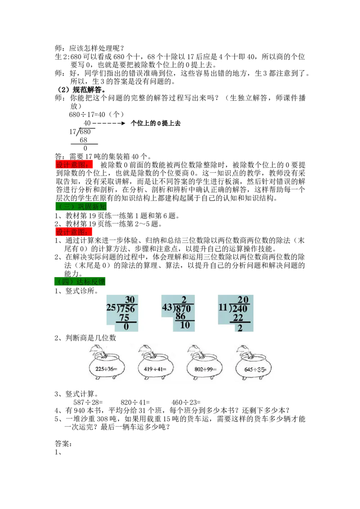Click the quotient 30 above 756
pos(130,299)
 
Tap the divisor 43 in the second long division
pos(167,307)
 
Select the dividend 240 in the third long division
pos(240,308)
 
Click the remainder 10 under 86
pos(184,325)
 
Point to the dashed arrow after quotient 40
pos(109,123)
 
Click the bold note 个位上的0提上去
pos(155,123)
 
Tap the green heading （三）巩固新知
pos(81,206)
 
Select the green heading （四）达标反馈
pos(80,281)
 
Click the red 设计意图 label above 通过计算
pos(74,232)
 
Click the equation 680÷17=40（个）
pos(96,115)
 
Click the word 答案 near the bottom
pos(63,443)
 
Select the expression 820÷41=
pos(135,402)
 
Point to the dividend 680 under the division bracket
pos(85,132)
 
